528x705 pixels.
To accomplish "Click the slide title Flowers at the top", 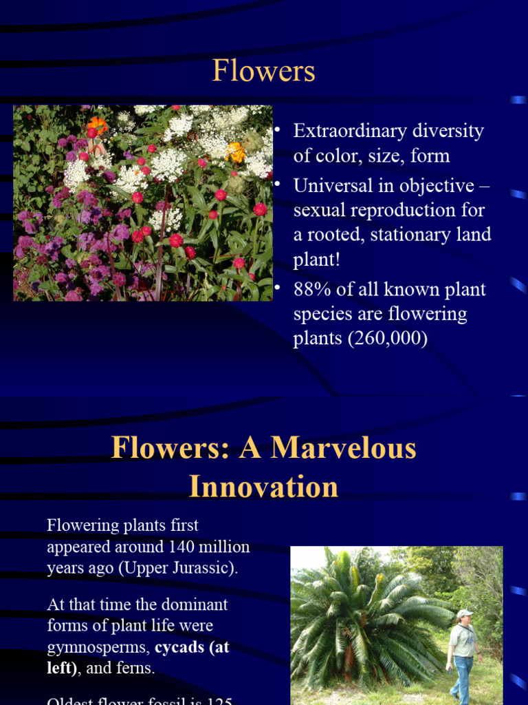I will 263,71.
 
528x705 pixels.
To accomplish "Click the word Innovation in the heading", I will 263,487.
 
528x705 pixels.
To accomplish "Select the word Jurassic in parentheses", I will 206,569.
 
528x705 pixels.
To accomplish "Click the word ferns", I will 135,669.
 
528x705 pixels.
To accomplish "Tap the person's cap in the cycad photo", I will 465,613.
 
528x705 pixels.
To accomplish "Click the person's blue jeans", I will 461,675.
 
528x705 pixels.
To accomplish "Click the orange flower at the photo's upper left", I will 98,125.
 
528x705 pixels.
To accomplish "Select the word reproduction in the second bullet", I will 382,210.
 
